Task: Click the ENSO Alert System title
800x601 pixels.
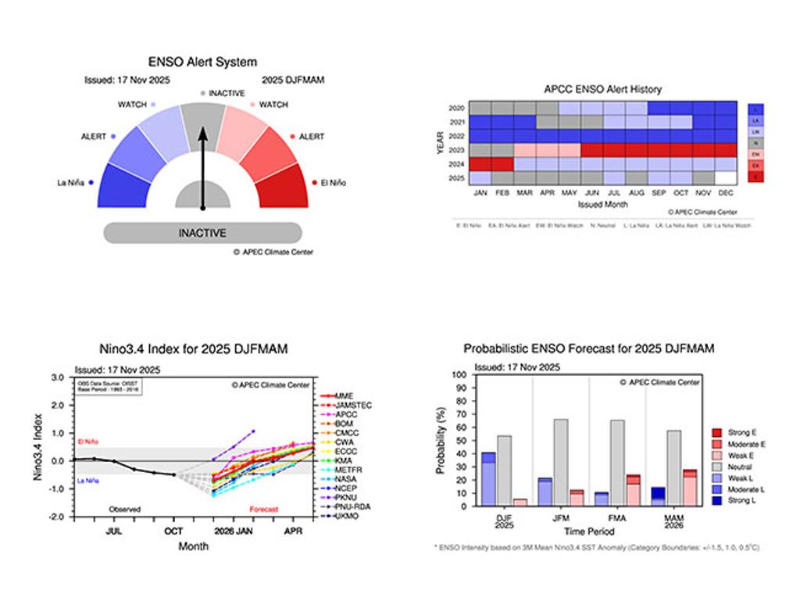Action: (x=202, y=62)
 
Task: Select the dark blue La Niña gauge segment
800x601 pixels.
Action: (x=122, y=186)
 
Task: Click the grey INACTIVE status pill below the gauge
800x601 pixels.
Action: (x=202, y=233)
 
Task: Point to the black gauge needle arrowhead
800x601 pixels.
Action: (x=202, y=134)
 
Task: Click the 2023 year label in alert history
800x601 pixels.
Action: (x=458, y=149)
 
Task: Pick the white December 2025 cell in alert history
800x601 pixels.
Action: (x=726, y=177)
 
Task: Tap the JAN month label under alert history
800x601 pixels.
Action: (x=480, y=192)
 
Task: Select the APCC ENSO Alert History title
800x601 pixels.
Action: (x=602, y=89)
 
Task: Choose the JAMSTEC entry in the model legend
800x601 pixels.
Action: (x=353, y=406)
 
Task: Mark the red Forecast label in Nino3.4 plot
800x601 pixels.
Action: (x=264, y=510)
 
